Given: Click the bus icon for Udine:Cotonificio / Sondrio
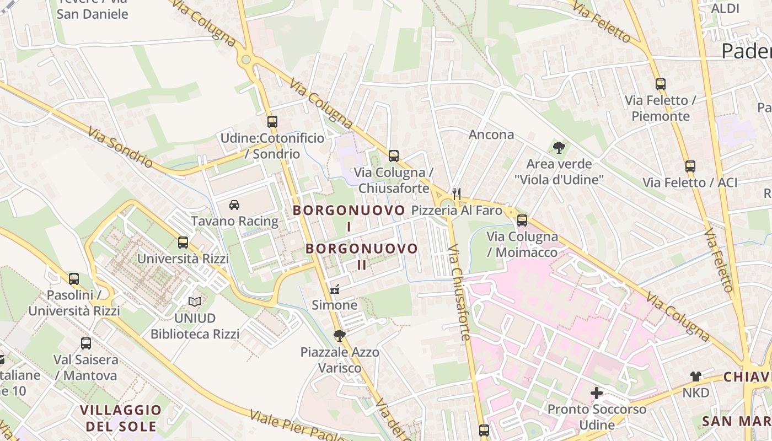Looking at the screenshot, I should (272, 122).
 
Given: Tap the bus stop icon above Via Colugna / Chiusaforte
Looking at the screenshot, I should (393, 156).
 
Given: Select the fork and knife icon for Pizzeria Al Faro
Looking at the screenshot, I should (456, 193).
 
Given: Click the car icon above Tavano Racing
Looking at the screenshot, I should (234, 205).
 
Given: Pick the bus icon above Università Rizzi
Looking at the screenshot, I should (183, 242).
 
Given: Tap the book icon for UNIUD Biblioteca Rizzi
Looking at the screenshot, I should (195, 302).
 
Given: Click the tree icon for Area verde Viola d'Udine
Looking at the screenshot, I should (559, 147).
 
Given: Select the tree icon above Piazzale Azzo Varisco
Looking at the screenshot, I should (339, 335).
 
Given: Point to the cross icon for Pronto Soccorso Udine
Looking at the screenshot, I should (596, 393).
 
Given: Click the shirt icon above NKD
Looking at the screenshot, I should (695, 377).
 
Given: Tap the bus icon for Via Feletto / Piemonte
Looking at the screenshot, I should (660, 84).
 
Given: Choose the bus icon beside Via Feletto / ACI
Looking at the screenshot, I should (690, 166).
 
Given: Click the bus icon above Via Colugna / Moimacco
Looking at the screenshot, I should (522, 220).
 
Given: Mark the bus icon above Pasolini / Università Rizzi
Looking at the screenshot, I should (74, 279).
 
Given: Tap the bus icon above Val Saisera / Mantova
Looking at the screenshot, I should (85, 343).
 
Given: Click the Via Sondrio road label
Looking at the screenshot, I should (120, 148).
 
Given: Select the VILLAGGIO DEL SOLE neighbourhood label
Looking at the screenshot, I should (121, 418).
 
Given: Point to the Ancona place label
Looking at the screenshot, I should (491, 135).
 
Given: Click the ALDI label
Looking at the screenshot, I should (725, 8).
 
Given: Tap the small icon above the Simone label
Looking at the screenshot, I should (334, 288).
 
